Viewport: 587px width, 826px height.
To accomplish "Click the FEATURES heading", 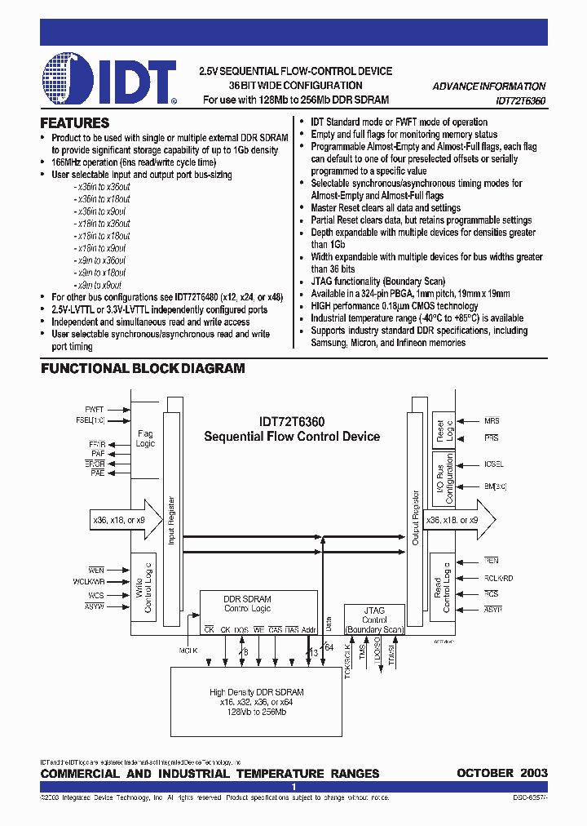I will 75,123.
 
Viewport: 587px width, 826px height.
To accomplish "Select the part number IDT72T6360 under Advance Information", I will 510,100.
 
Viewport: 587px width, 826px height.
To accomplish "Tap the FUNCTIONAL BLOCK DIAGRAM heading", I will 143,368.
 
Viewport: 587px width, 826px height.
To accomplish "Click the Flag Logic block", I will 144,439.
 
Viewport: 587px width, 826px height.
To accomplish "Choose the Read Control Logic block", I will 441,587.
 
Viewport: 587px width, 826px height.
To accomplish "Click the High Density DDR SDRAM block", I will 257,701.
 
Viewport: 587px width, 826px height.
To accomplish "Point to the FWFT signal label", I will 95,409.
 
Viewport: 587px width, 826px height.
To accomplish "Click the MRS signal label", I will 492,421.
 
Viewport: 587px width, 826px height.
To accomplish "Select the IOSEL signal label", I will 493,464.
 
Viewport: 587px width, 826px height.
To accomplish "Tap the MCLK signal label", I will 188,650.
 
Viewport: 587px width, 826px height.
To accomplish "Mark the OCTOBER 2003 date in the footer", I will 501,773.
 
